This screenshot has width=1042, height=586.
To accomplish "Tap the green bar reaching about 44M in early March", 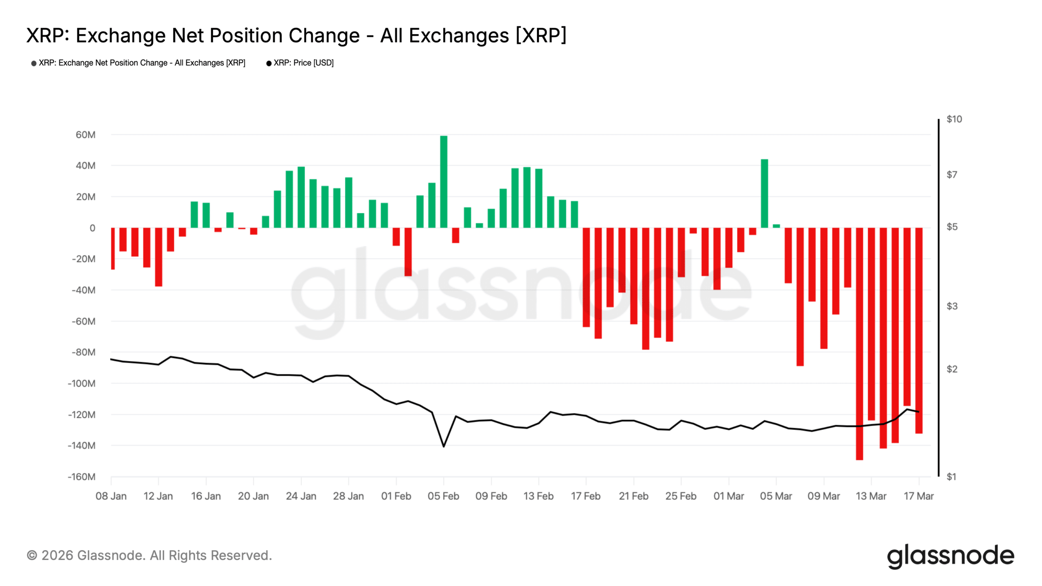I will [764, 193].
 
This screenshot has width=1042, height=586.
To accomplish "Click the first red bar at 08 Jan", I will [113, 248].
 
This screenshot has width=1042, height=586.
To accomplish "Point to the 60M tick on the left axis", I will [85, 135].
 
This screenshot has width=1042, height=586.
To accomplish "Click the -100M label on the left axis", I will [82, 383].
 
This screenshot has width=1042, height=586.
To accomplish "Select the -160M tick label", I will [82, 477].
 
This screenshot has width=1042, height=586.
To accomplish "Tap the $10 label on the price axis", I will [954, 119].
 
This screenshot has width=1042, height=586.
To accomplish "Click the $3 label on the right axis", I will [952, 306].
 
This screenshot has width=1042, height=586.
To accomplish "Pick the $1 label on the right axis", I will [951, 477].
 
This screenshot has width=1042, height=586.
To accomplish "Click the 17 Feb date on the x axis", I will [586, 496].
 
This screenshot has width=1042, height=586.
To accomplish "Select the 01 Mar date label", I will [729, 496].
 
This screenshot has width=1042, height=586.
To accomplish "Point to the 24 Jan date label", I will [301, 496].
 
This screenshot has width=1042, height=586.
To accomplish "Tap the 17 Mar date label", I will [919, 496].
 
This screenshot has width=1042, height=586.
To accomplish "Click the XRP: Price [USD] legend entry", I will [303, 63].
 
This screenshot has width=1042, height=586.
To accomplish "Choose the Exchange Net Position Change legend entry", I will [142, 63].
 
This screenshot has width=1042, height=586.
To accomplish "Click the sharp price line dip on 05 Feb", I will [444, 446].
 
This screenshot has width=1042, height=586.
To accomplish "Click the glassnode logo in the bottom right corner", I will [950, 556].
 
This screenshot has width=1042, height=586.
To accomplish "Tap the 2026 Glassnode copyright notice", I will [149, 555].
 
